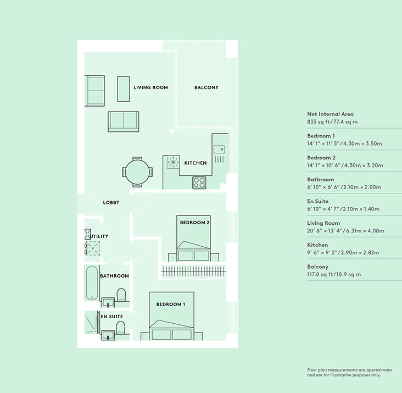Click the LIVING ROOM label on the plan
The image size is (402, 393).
(150, 87)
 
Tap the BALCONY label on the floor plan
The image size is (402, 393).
(206, 87)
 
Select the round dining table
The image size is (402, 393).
(137, 172)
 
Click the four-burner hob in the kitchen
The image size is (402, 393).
(199, 182)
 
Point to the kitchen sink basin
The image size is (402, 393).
(219, 150)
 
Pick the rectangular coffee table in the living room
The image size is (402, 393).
(124, 88)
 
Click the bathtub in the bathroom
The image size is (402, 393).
(92, 283)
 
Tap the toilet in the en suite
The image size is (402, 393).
(120, 328)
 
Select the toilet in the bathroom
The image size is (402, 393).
(121, 295)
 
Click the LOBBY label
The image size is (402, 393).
(111, 203)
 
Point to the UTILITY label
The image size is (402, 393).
(99, 236)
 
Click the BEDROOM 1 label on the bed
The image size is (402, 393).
(171, 305)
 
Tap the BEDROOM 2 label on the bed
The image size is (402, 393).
(194, 223)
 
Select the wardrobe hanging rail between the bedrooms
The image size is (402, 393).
(193, 272)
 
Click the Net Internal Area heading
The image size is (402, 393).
(330, 114)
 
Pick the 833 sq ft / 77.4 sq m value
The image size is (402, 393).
(332, 122)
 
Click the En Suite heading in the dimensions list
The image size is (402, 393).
(317, 201)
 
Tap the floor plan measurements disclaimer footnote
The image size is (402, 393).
(349, 373)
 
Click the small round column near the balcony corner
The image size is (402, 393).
(171, 131)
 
